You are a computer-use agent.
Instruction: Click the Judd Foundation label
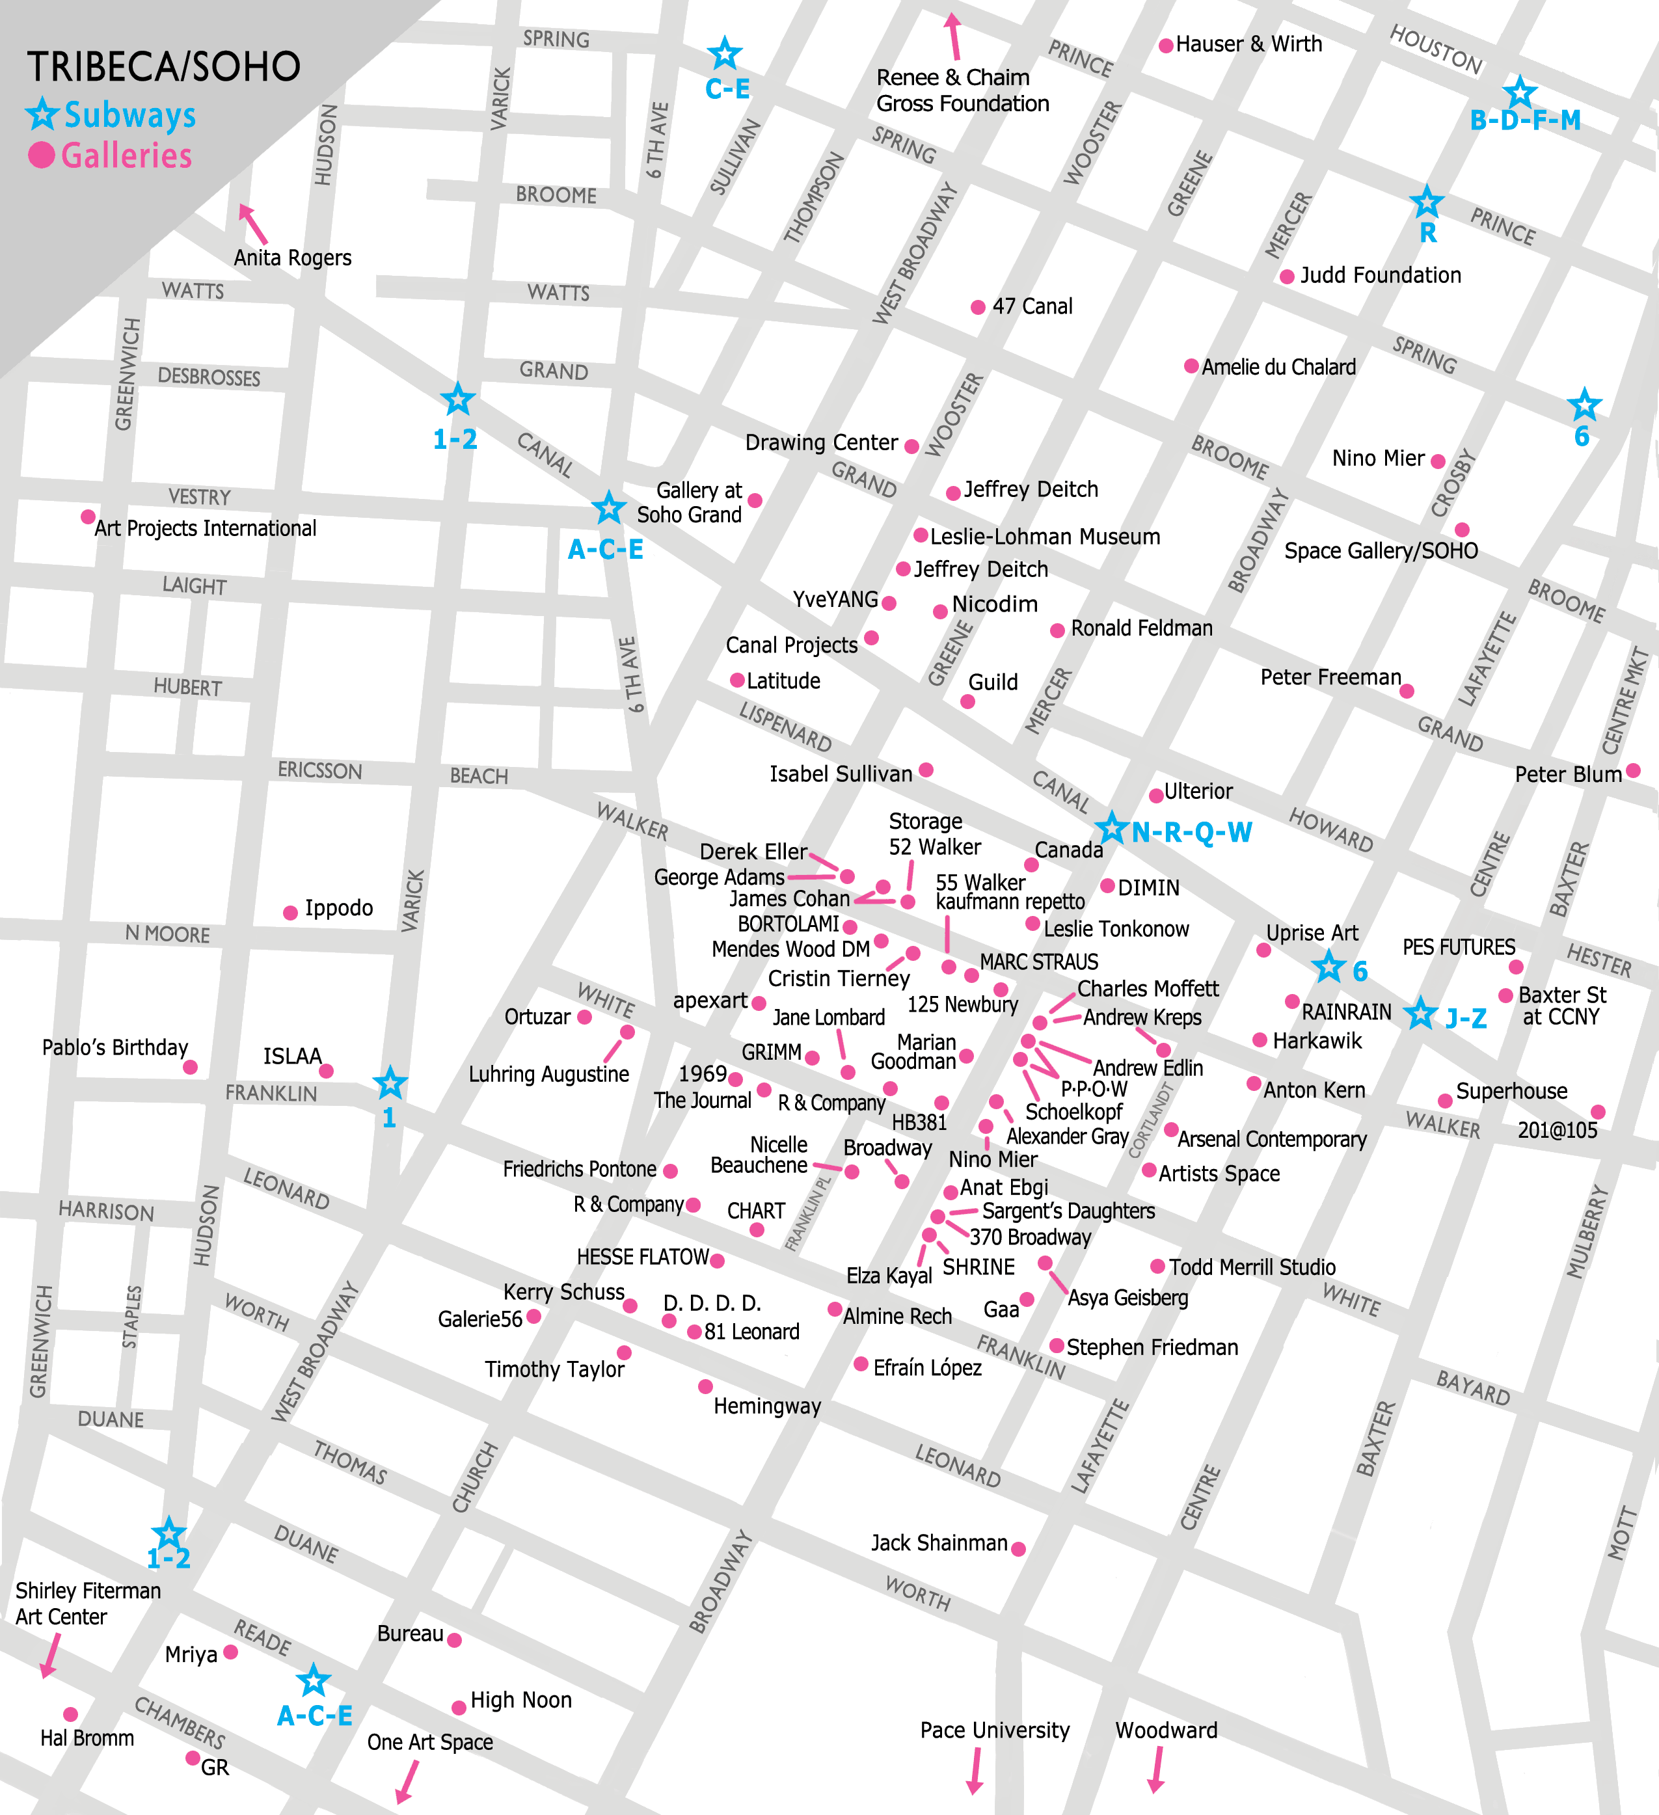1380,275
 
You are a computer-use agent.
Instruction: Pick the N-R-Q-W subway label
1191,833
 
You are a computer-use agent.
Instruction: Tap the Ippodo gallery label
338,907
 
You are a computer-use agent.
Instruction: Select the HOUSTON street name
1436,49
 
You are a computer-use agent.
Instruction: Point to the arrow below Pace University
975,1771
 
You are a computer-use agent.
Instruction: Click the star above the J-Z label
1420,1014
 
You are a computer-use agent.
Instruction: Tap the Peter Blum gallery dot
1633,771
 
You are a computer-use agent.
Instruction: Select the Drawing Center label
821,443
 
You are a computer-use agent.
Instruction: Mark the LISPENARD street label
785,727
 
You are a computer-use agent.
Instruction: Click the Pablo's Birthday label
115,1048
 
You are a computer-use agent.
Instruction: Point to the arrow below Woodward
1157,1771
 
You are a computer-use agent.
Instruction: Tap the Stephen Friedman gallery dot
1057,1346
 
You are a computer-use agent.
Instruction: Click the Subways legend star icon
42,114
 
